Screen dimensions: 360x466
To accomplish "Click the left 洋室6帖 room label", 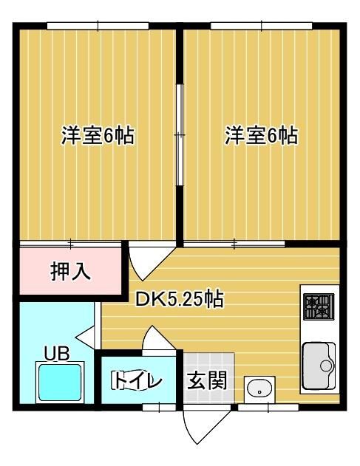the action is [98, 136].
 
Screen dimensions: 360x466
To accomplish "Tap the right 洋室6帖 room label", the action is [261, 136].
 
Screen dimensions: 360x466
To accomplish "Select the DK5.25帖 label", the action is [180, 299].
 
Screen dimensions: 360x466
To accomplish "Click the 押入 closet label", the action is [70, 271].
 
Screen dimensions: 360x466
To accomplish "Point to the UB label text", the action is [57, 353].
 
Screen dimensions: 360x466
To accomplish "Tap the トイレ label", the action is [137, 381].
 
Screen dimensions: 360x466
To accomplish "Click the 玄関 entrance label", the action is [207, 380].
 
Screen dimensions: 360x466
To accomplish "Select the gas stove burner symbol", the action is [319, 306].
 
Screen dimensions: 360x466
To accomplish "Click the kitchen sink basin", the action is [319, 366].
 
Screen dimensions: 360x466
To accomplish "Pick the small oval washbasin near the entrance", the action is [259, 388].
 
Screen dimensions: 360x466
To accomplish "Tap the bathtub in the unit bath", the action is [60, 383].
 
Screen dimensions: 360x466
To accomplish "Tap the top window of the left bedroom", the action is [98, 26].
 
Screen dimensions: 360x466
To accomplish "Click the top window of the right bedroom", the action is [262, 26].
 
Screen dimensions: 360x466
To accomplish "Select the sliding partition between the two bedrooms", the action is [180, 135].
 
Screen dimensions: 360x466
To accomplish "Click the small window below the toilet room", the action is [159, 407].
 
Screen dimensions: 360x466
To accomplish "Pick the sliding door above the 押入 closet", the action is [70, 244].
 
